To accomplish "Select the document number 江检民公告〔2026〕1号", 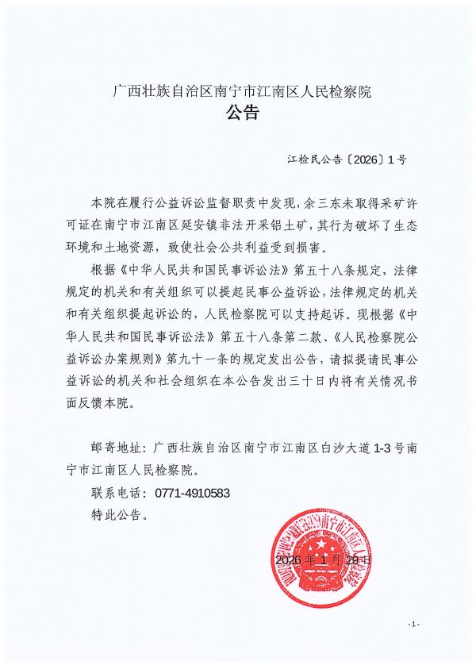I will (x=347, y=160).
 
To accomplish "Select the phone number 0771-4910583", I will (x=193, y=493).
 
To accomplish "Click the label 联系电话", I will (x=117, y=493).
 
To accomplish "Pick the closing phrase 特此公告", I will (x=117, y=514).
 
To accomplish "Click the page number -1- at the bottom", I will (x=413, y=625).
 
